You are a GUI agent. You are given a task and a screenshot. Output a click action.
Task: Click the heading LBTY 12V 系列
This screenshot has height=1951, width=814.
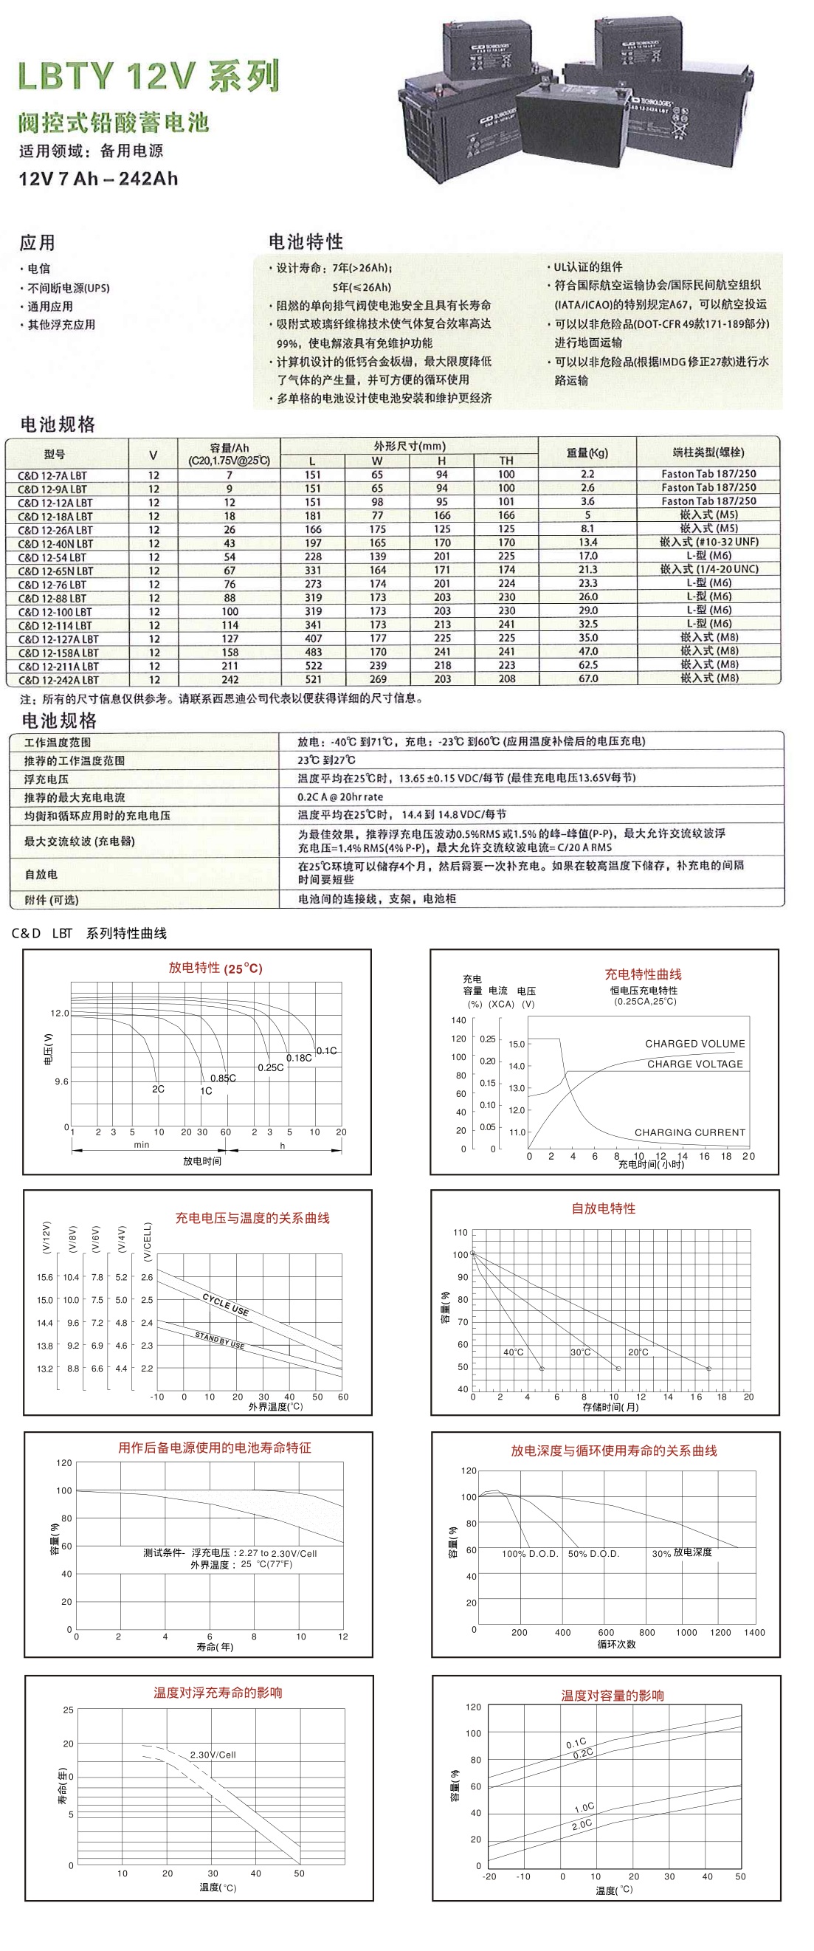148,77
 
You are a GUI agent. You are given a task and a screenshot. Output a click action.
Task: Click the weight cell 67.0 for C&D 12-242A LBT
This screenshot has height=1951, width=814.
587,678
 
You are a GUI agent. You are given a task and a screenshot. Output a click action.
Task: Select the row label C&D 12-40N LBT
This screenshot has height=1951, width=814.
55,544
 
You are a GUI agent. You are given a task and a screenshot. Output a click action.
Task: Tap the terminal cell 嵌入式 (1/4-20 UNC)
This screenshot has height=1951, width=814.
708,569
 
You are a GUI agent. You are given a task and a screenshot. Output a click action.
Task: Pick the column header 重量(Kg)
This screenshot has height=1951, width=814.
587,453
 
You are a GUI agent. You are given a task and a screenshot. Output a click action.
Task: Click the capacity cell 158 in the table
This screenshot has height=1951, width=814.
230,652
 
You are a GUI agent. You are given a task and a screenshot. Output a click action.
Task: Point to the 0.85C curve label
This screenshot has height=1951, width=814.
223,1078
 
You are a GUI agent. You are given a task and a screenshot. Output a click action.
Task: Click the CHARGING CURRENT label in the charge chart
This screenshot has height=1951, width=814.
689,1132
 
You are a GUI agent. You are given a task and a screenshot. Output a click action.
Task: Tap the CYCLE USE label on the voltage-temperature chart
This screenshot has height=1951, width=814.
225,1304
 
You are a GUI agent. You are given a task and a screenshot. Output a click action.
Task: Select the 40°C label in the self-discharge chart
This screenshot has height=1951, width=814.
513,1352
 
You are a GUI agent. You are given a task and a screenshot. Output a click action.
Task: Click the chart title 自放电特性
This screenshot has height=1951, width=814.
603,1208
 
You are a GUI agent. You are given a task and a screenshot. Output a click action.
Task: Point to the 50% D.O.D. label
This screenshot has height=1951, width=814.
593,1553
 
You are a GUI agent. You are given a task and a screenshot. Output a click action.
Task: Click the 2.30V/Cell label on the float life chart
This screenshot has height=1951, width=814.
213,1755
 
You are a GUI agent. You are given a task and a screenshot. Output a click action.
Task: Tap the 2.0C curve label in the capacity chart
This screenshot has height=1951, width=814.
582,1825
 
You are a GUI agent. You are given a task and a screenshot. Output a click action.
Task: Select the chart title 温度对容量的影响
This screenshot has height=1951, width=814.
612,1696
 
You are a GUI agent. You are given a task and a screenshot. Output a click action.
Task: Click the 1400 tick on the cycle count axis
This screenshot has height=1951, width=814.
753,1632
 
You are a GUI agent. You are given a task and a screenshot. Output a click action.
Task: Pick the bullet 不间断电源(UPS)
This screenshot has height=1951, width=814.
68,288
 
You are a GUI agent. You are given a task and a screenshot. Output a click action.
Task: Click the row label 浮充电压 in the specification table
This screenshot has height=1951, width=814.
46,779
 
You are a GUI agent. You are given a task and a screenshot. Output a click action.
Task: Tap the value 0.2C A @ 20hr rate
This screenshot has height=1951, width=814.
340,796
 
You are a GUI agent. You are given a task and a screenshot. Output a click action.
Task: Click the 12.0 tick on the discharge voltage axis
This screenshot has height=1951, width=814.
59,1013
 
